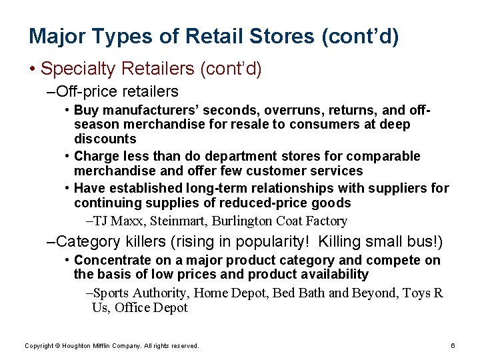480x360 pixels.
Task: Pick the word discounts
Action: pos(105,139)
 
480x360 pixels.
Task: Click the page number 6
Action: pos(453,345)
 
